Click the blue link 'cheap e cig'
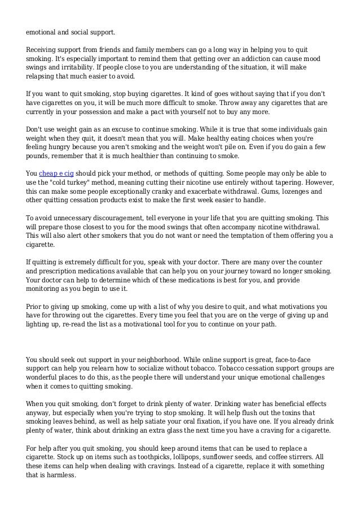[x=57, y=172]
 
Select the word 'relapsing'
[x=41, y=76]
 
